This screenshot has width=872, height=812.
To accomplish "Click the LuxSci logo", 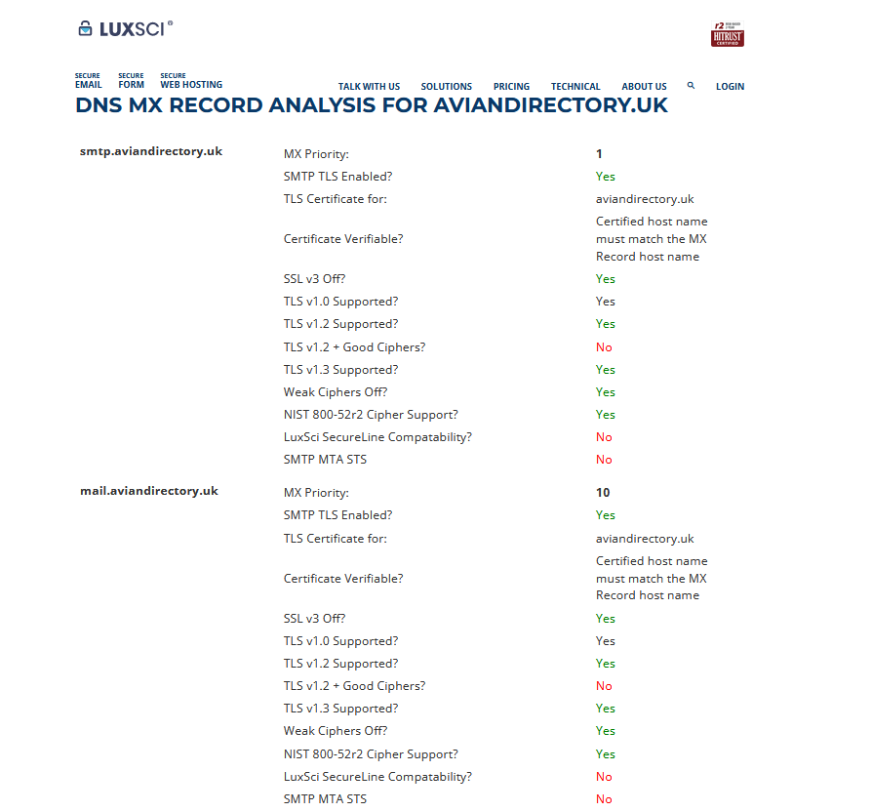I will [x=125, y=28].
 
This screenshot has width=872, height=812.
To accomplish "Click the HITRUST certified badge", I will [x=728, y=35].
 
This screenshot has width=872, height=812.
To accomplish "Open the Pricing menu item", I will [x=511, y=87].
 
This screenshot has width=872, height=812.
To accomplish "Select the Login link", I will [x=730, y=87].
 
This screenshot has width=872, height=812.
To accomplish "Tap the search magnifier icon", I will [x=691, y=86].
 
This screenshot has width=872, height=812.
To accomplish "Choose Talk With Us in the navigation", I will [x=369, y=87].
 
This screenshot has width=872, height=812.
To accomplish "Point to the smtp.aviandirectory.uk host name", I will [x=151, y=151].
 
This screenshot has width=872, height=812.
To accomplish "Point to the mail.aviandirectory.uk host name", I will [x=149, y=491].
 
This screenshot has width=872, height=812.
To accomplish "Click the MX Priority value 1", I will [x=599, y=154].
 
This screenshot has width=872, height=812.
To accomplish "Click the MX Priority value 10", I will [x=603, y=493].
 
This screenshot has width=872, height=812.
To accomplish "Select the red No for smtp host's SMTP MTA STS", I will [x=604, y=460].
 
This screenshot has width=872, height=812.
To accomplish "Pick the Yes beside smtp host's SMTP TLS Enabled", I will [x=605, y=177].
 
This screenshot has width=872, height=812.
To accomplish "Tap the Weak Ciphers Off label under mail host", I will [x=336, y=731].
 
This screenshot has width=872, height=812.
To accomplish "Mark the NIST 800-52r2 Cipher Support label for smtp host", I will [x=371, y=415].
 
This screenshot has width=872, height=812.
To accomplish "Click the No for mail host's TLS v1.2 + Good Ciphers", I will [x=604, y=686].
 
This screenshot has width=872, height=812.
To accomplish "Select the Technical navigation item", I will [x=575, y=87].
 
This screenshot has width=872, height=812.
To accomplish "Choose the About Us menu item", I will [x=644, y=87].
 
